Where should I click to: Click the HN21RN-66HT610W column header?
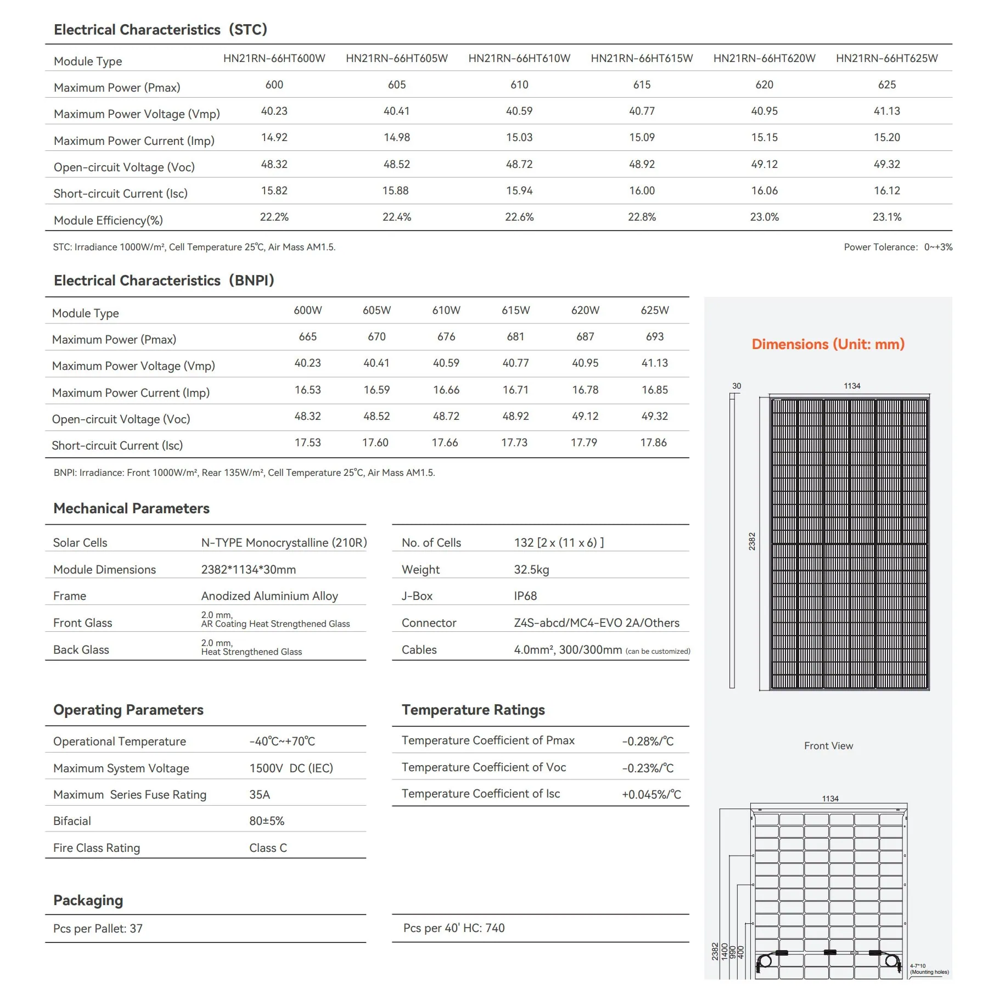point(519,58)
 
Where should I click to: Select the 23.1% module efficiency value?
point(886,217)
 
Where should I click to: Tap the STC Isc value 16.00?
point(642,190)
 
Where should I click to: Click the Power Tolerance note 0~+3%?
point(898,247)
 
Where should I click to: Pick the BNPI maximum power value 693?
point(654,336)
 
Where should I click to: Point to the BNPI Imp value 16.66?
point(446,390)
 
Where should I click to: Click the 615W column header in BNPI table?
point(515,310)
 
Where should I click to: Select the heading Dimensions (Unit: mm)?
point(828,344)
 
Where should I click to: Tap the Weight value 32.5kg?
point(531,570)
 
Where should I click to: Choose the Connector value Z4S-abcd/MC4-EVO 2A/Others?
point(596,623)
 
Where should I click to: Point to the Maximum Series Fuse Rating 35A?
point(260,795)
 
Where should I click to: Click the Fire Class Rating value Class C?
point(268,848)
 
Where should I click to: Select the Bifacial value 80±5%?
point(267,821)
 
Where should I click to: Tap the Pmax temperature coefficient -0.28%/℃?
point(648,742)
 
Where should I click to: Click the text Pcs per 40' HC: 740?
point(454,928)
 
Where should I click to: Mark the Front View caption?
point(828,746)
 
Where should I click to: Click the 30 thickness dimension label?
point(737,386)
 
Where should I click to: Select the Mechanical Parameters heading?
point(131,508)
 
